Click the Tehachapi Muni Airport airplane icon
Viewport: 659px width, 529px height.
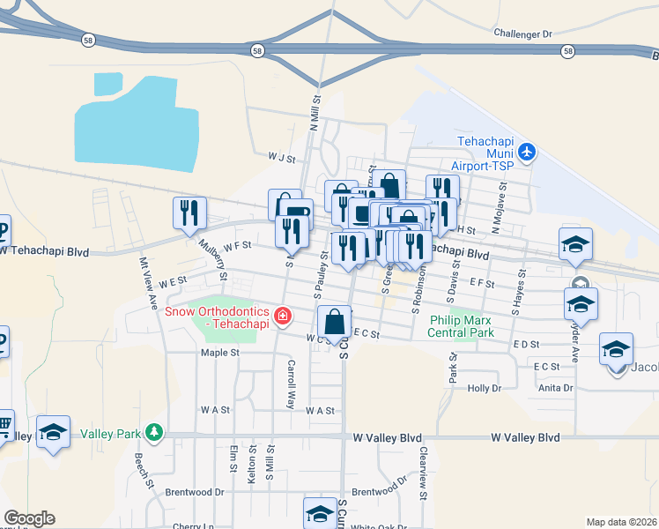(528, 152)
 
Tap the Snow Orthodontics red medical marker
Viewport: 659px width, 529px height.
(283, 316)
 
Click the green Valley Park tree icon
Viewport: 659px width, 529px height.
(155, 431)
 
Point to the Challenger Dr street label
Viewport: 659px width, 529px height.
(522, 34)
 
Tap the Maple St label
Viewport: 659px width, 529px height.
(219, 353)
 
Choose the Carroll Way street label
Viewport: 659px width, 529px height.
(290, 384)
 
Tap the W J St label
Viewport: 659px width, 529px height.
(281, 159)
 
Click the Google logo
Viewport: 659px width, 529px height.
(29, 518)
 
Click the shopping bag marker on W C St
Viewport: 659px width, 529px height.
(335, 322)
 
